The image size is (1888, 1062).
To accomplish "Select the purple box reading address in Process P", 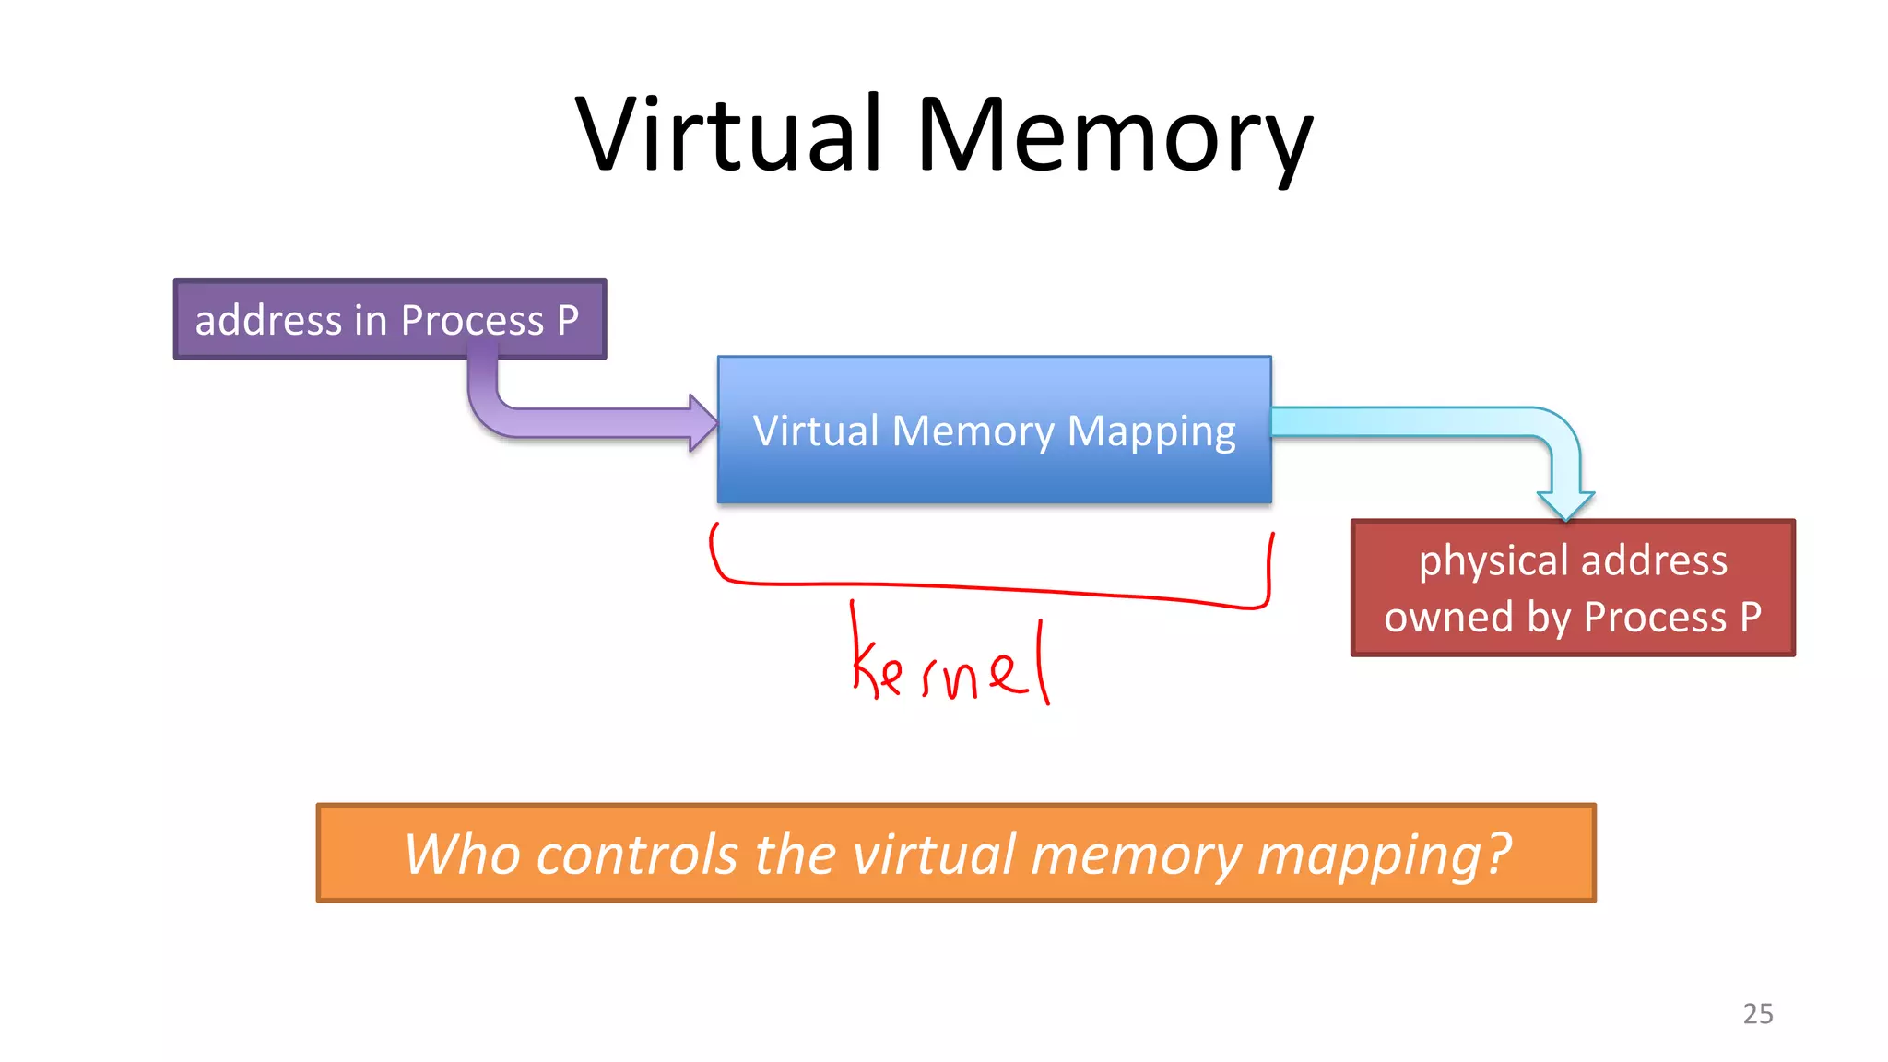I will (389, 319).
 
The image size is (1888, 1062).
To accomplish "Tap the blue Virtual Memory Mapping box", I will (994, 430).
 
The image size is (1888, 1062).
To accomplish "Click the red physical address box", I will (1572, 588).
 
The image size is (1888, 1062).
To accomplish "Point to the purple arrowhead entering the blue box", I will (703, 423).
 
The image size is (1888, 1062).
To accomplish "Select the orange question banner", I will (956, 852).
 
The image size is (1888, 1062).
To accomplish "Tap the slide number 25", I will (1757, 1013).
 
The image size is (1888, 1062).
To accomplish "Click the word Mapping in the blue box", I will (1150, 431).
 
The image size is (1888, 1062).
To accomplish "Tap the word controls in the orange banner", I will (636, 854).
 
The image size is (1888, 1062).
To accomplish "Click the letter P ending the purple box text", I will (568, 320).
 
